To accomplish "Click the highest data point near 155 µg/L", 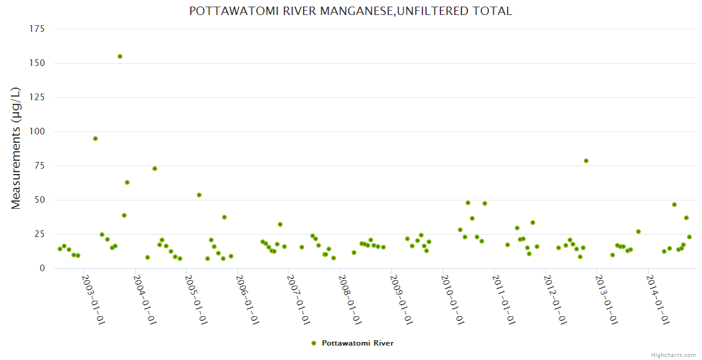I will [120, 56].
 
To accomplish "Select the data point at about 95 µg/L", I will [95, 139].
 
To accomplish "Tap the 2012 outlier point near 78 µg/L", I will [586, 161].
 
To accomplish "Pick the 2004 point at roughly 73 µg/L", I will [155, 169].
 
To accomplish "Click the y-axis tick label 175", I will [37, 29].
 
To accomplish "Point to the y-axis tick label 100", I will [37, 131].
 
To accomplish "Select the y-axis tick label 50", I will [40, 200].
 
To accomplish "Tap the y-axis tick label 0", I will [42, 268].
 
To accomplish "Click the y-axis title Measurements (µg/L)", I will [16, 148].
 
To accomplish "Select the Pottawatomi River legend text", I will [358, 343].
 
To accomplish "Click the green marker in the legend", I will [313, 343].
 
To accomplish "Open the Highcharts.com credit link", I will [673, 355].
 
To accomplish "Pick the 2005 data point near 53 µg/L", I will [199, 195].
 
